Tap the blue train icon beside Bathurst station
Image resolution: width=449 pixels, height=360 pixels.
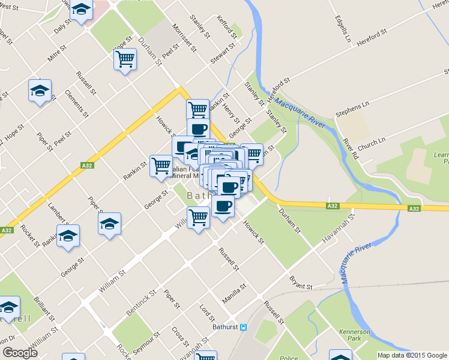click(x=244, y=328)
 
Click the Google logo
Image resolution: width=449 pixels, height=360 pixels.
click(x=20, y=353)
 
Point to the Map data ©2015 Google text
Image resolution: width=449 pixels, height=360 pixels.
click(x=411, y=355)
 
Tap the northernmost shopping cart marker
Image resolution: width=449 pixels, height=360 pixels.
click(x=125, y=59)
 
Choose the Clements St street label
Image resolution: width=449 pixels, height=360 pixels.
click(x=77, y=103)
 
